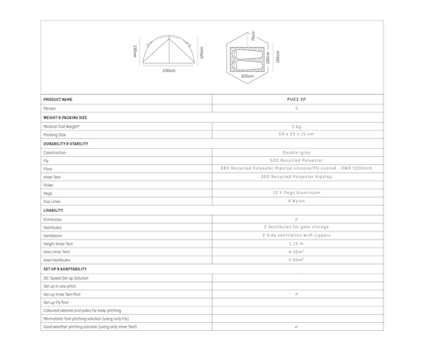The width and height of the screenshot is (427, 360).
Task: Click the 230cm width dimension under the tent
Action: [x=168, y=71]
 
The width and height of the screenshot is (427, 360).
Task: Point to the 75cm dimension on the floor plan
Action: [x=252, y=36]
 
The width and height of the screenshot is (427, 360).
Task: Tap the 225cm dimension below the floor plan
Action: [x=247, y=76]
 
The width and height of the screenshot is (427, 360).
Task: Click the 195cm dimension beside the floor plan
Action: [x=277, y=57]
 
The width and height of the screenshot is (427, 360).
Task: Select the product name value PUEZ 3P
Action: [x=296, y=100]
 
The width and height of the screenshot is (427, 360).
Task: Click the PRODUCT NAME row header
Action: [x=58, y=100]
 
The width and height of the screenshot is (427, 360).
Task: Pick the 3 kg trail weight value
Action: [x=296, y=126]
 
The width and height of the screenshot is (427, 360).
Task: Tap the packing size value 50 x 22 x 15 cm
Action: [x=296, y=134]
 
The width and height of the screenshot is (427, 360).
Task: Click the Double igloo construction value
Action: [x=296, y=152]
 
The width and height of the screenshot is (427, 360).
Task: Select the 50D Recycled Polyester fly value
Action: [x=296, y=160]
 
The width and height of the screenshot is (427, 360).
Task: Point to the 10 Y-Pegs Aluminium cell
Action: [x=296, y=193]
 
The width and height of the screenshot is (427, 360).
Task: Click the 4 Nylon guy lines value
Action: [x=296, y=201]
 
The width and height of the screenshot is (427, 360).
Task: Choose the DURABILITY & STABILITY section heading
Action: [x=66, y=143]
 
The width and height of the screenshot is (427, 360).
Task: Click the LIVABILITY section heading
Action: [x=53, y=210]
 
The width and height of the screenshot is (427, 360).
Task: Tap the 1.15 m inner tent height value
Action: [x=296, y=244]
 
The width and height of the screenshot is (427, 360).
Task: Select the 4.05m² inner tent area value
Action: [x=296, y=252]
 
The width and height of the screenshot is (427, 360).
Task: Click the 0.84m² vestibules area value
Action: [x=296, y=260]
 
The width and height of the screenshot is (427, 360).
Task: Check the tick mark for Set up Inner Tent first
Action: [x=296, y=294]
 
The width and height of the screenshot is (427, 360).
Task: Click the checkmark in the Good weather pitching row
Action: [x=296, y=327]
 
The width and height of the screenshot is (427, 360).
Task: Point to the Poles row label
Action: [x=49, y=184]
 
